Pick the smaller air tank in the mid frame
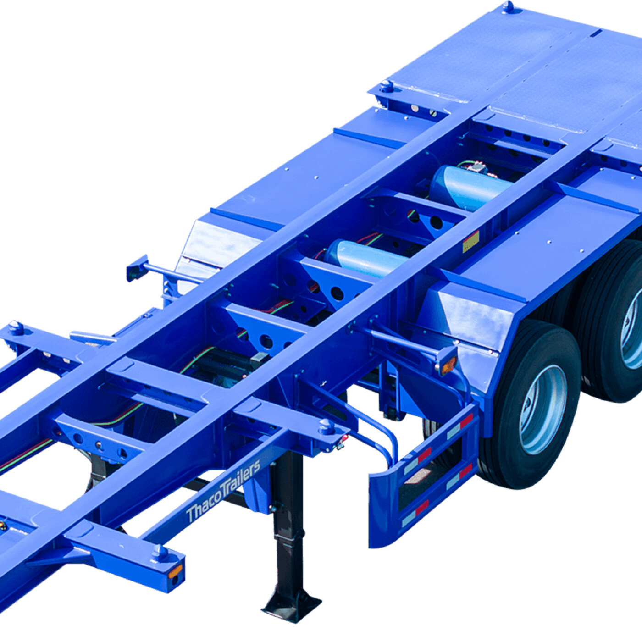click(x=365, y=258)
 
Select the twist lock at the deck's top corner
click(x=508, y=6)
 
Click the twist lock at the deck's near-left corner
click(x=387, y=87)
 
